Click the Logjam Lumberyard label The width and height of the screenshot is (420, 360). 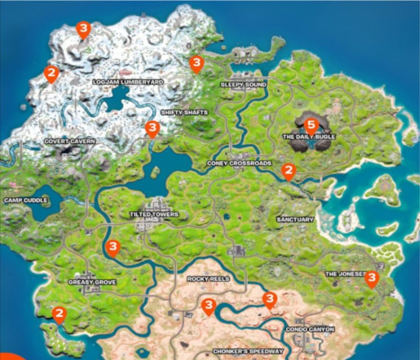coord(128,82)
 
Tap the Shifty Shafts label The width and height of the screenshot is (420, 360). coord(184,112)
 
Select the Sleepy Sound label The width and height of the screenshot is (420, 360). coord(243,85)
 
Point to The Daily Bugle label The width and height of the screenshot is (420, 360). coord(309,137)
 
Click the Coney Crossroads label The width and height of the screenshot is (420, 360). coord(239,163)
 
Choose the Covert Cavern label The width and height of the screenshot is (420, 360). coord(70,141)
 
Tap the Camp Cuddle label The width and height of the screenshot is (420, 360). coord(26,200)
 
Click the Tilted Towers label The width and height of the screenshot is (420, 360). coord(154,214)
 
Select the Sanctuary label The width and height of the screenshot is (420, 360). coord(295,219)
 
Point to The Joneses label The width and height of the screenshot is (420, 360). coord(345,274)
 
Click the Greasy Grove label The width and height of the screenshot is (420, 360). coord(92,282)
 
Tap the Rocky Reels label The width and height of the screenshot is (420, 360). coord(208,279)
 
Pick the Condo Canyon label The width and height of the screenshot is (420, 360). coord(309,330)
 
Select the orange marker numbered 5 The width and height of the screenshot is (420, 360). coord(311,126)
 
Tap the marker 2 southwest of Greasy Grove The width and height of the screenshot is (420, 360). coord(59,314)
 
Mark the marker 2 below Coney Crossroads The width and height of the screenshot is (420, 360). coord(288,171)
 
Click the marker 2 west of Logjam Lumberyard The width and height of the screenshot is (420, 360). coord(51,73)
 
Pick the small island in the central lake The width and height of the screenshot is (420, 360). coord(155,172)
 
